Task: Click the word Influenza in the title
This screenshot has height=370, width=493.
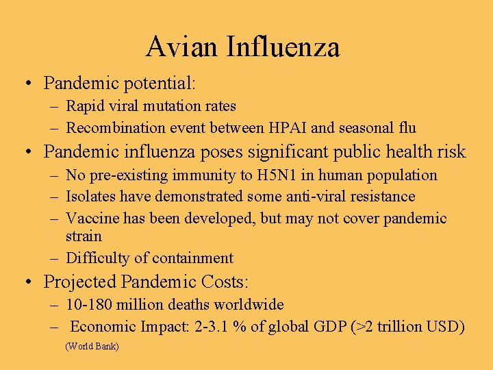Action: (x=283, y=47)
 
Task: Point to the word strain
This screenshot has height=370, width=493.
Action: (x=84, y=236)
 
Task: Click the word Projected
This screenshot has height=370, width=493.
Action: (x=79, y=282)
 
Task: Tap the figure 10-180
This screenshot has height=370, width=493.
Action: (x=90, y=304)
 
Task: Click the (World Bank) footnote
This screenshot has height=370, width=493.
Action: (x=92, y=347)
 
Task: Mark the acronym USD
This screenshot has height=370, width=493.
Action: (x=446, y=327)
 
